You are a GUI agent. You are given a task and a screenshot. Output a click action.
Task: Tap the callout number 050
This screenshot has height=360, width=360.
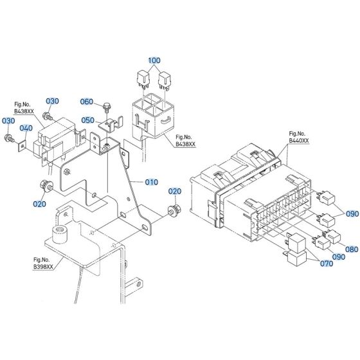tap(87, 120)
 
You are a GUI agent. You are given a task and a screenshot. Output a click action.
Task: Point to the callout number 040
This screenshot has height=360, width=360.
tap(25, 129)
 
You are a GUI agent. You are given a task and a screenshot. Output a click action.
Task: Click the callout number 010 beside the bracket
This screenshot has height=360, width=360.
tap(151, 183)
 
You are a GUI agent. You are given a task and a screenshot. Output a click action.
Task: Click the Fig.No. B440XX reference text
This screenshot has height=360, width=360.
tap(298, 136)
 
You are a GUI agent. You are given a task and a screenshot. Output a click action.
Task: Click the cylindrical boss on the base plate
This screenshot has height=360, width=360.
tap(62, 233)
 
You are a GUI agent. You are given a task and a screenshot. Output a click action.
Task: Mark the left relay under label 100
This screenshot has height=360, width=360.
tap(143, 78)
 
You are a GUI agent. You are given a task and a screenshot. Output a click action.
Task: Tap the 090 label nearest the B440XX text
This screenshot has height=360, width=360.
tap(351, 213)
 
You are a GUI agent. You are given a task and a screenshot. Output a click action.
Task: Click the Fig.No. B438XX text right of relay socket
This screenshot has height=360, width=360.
tap(184, 141)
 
